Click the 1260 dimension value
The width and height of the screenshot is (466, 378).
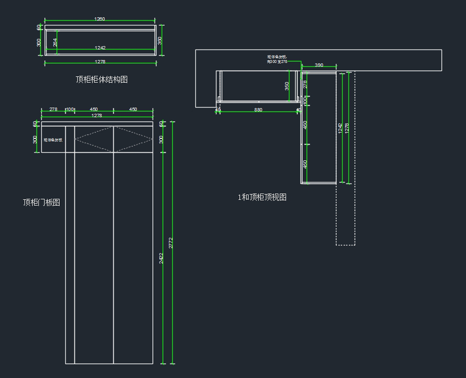99,19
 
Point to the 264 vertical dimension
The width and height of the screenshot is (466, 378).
55,42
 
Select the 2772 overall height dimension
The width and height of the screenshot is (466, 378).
170,243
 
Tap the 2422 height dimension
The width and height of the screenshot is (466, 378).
161,258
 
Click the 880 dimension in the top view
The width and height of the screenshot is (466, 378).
258,110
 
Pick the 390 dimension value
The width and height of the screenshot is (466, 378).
319,65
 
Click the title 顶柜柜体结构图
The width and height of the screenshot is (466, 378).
102,80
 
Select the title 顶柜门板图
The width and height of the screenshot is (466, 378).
41,202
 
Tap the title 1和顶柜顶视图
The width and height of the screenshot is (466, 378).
262,197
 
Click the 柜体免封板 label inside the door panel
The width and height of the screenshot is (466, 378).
53,140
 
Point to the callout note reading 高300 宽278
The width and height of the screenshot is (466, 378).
277,61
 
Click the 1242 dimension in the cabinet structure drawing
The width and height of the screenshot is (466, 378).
100,48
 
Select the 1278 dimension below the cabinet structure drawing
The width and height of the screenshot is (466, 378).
100,62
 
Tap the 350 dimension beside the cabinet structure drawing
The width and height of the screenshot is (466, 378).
160,41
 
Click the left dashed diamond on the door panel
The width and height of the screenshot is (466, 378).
94,139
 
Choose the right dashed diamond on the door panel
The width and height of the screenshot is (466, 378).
133,139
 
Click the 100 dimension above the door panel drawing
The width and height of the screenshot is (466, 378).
70,110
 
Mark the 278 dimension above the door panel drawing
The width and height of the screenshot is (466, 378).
53,110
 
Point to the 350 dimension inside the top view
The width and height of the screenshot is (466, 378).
287,86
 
